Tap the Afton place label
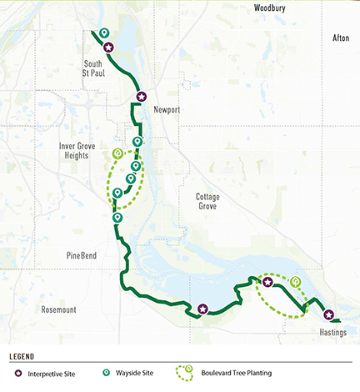tap(341, 38)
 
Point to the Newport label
tap(167, 109)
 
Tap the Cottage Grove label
tap(207, 202)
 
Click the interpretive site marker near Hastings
tap(329, 316)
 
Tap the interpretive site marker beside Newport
tap(142, 97)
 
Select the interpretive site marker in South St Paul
tap(107, 49)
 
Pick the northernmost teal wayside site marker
tap(103, 33)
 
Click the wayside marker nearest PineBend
tap(117, 219)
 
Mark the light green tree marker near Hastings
tap(296, 281)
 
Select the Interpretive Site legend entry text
tap(54, 373)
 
